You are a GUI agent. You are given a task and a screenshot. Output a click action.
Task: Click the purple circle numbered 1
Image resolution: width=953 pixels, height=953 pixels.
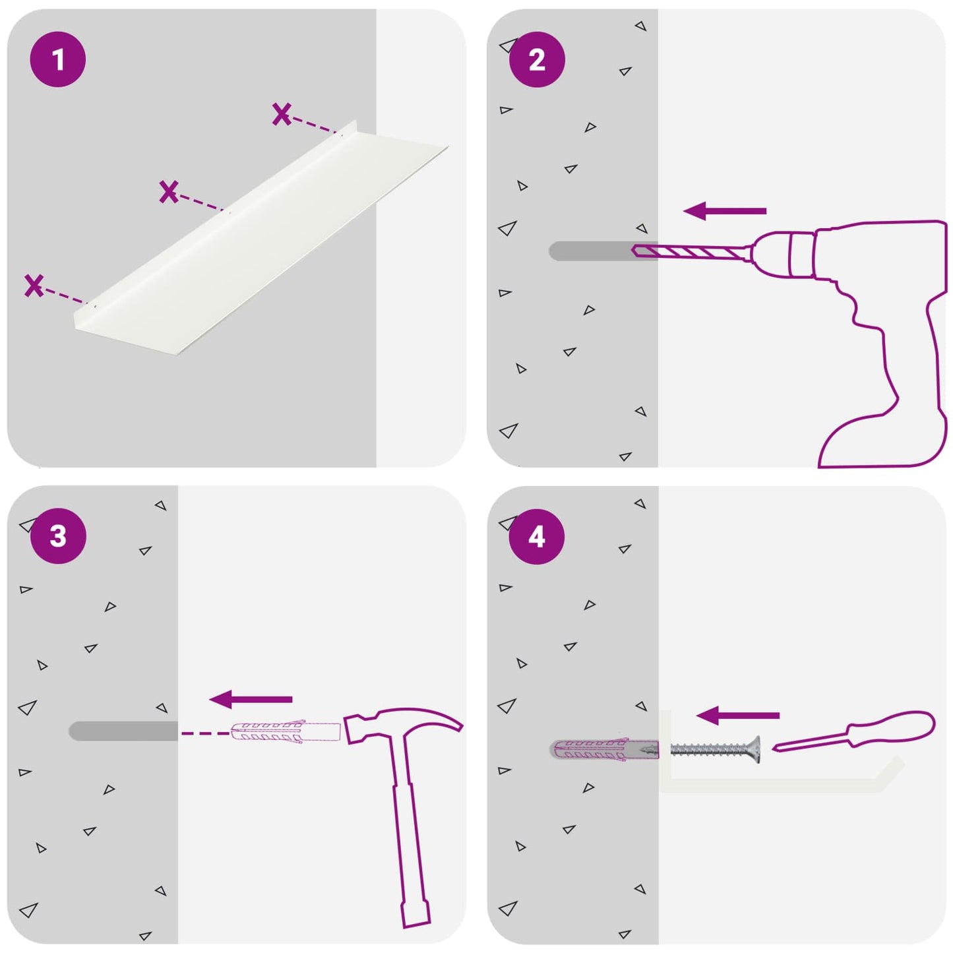point(58,59)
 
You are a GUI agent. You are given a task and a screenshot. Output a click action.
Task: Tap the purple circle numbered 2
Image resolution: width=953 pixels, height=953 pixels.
point(537,60)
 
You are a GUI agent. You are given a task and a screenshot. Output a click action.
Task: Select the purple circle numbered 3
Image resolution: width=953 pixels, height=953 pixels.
point(58,536)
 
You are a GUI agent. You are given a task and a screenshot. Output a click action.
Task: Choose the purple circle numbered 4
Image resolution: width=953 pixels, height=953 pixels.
point(537,537)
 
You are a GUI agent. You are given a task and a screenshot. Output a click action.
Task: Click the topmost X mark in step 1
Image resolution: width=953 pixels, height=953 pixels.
point(282,113)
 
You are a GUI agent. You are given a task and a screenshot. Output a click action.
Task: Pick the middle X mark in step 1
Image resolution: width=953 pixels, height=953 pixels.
point(169,192)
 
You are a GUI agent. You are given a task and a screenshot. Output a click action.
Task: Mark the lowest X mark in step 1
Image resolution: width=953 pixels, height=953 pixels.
point(34,286)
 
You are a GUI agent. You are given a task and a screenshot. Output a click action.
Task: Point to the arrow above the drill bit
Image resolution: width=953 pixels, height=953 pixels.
point(725,211)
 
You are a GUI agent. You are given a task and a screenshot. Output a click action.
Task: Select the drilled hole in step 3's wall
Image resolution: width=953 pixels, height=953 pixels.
point(123,731)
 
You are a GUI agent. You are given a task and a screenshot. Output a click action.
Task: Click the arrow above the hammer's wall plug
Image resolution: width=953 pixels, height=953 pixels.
point(251,699)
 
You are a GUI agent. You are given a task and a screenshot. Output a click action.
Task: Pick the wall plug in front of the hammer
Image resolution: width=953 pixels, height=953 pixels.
point(286,732)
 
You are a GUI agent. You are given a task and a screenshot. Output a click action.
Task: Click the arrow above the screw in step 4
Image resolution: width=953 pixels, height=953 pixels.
point(738,715)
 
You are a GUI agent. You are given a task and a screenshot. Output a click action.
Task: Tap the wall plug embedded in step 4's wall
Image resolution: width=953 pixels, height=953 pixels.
point(604,749)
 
